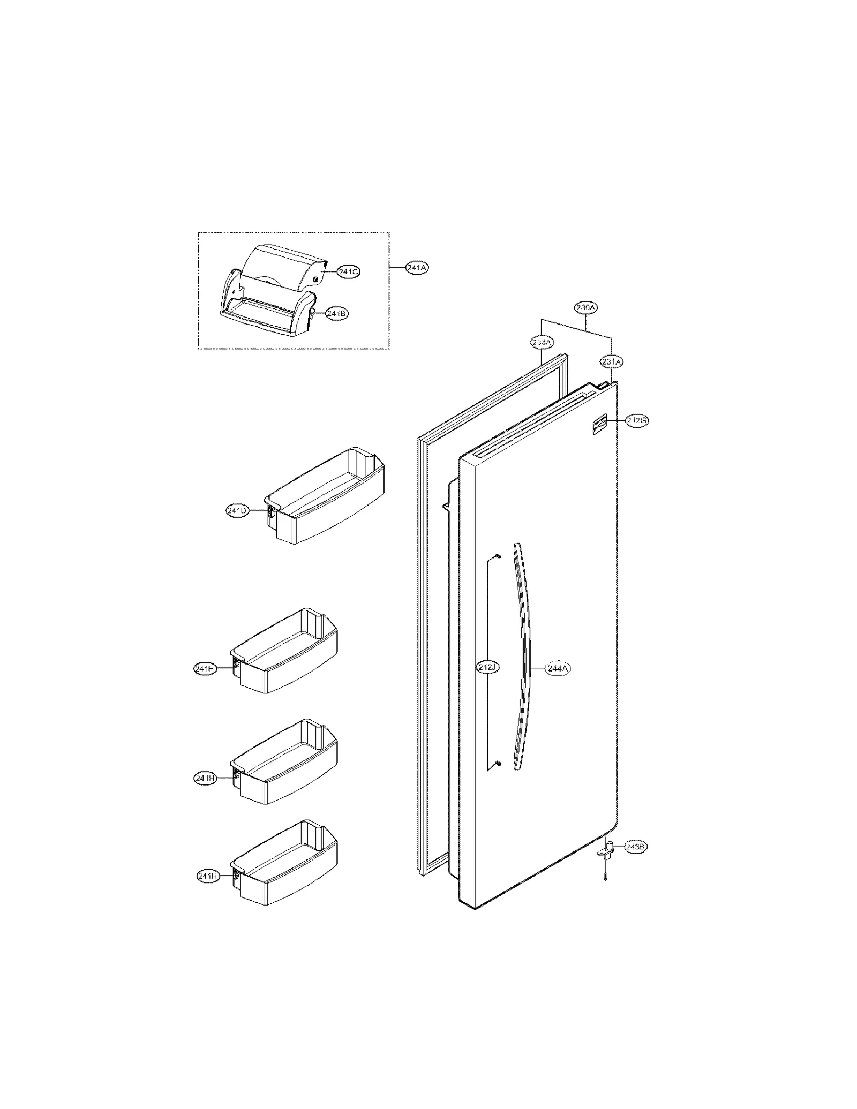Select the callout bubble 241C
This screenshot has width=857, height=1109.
tap(348, 272)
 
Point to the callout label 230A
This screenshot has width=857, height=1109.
tap(586, 308)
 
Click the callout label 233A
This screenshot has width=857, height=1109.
tap(542, 342)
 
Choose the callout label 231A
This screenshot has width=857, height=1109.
tap(612, 362)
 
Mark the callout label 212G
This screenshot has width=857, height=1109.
tap(637, 421)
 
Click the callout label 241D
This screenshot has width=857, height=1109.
tap(237, 511)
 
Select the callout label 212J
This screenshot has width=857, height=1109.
tap(488, 668)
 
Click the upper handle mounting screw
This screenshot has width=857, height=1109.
tap(498, 556)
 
